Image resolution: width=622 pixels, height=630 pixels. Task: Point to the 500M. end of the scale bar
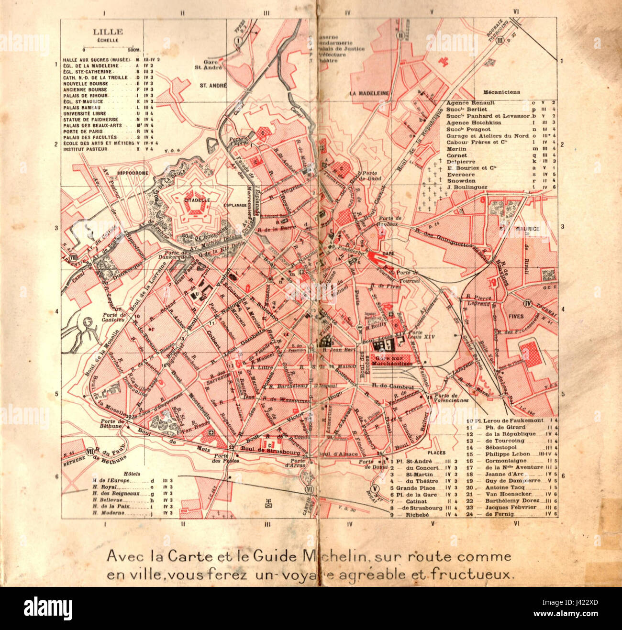[x=133, y=49]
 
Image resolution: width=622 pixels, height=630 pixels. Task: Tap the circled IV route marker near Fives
[x=528, y=303]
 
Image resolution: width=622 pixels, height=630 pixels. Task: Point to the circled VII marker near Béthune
[x=89, y=451]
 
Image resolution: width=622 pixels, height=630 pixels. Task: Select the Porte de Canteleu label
[x=115, y=317]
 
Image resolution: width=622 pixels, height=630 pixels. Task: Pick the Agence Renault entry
[x=467, y=103]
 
